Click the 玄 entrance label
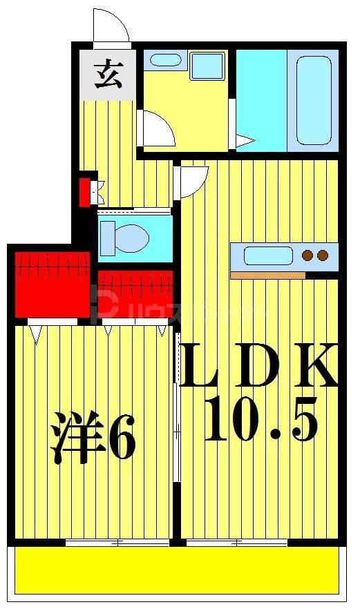click(108, 74)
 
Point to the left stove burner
click(307, 256)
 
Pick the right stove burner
click(322, 256)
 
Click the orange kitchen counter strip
click(267, 275)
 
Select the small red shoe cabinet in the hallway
click(86, 192)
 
